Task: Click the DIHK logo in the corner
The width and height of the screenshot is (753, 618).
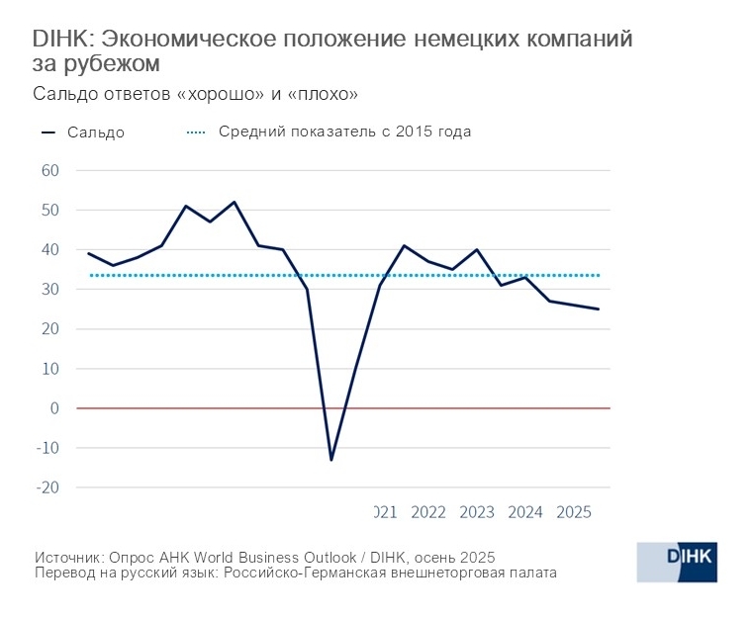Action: pyautogui.click(x=676, y=562)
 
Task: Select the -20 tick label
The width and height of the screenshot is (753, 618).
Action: pyautogui.click(x=47, y=487)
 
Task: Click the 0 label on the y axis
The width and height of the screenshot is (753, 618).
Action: pyautogui.click(x=56, y=408)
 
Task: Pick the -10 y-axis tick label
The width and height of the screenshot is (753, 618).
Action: pyautogui.click(x=47, y=448)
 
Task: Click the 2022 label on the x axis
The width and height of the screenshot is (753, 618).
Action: pyautogui.click(x=428, y=512)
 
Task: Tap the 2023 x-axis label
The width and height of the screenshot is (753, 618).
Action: pyautogui.click(x=477, y=512)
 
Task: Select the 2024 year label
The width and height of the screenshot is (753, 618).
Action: pyautogui.click(x=525, y=512)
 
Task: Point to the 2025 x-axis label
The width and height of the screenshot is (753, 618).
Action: pyautogui.click(x=574, y=512)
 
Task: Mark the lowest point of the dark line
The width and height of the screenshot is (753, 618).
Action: pyautogui.click(x=331, y=460)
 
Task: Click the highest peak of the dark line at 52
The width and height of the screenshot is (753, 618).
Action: pyautogui.click(x=235, y=202)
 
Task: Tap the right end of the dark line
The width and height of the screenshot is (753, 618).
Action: pyautogui.click(x=599, y=309)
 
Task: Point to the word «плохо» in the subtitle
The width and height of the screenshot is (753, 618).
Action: pyautogui.click(x=323, y=95)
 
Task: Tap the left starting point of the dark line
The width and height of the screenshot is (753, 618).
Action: pyautogui.click(x=89, y=253)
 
